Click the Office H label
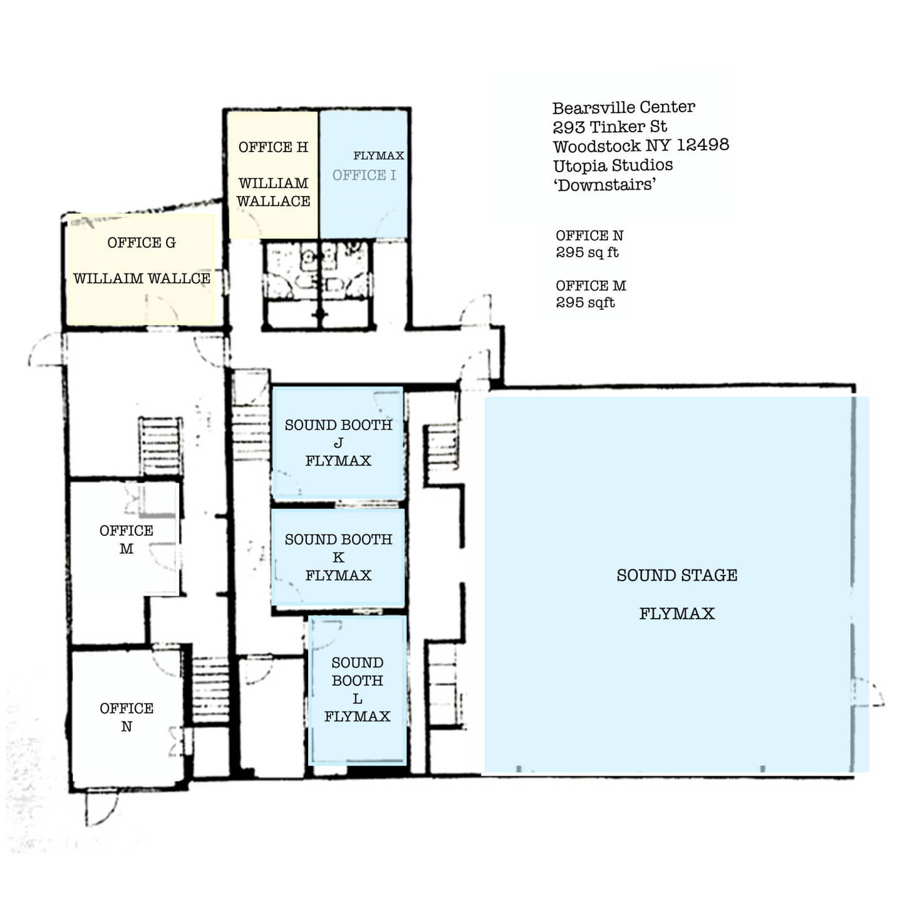point(273,147)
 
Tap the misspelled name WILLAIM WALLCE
point(142,279)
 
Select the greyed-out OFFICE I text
point(364,175)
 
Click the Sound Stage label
point(677,576)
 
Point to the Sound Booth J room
point(338,442)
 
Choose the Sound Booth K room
point(338,557)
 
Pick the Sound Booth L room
point(358,690)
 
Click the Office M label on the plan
point(127,540)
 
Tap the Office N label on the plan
point(127,717)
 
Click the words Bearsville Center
point(623,108)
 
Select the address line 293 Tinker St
point(609,127)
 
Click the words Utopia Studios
point(613,165)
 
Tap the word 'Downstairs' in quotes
point(605,185)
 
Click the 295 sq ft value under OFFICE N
point(587,252)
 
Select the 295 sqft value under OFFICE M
point(585,303)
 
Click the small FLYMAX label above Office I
point(378,155)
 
